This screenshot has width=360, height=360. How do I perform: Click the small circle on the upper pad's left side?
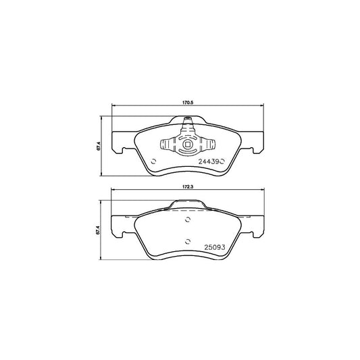153,161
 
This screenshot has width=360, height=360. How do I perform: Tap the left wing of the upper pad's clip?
168,144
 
